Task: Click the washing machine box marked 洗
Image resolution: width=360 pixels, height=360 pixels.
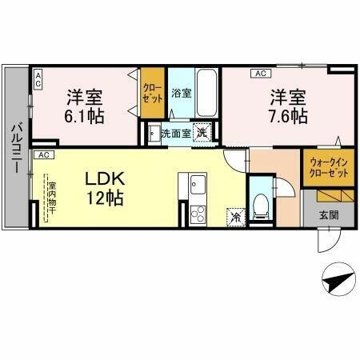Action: pyautogui.click(x=205, y=134)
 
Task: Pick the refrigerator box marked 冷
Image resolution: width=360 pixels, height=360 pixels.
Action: pyautogui.click(x=236, y=215)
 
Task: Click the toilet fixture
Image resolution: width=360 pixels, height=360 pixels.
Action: pyautogui.click(x=259, y=205)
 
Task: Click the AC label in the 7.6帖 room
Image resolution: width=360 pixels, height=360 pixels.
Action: pyautogui.click(x=260, y=74)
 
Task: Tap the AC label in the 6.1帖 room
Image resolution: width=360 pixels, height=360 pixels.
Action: pyautogui.click(x=37, y=76)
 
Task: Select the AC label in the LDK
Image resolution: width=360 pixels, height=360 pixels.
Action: pyautogui.click(x=44, y=154)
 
